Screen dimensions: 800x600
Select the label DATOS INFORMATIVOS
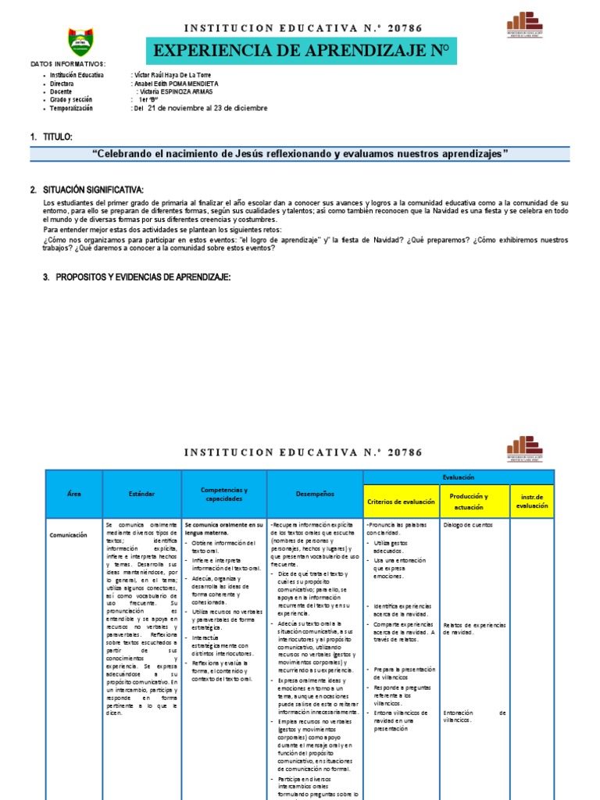(x=68, y=64)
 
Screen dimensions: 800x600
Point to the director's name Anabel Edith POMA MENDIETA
(x=177, y=83)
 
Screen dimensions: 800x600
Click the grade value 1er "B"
(x=150, y=100)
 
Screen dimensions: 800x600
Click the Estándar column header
(x=142, y=494)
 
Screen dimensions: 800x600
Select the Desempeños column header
(x=315, y=494)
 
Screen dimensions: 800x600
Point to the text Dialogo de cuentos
(x=469, y=525)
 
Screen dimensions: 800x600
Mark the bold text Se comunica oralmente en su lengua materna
(x=223, y=529)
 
